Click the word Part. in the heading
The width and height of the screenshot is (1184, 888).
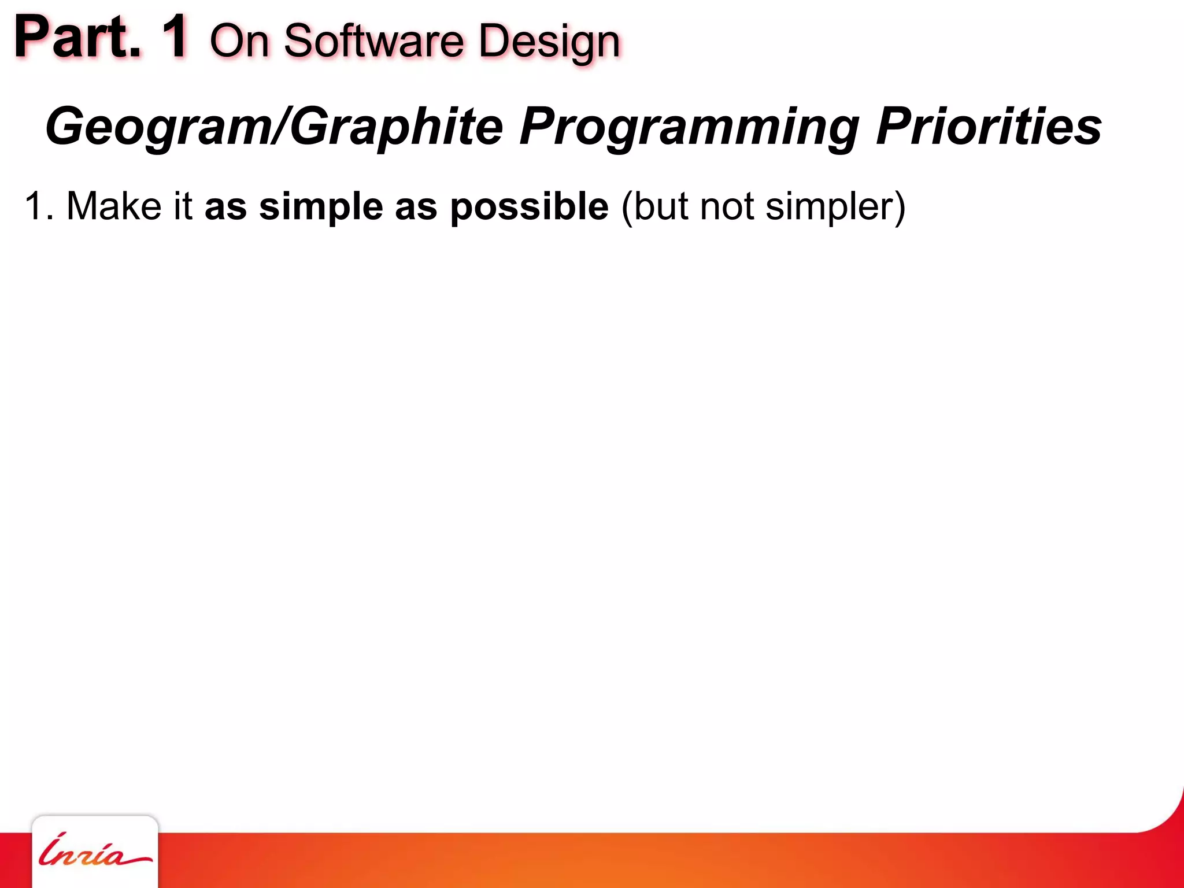78,38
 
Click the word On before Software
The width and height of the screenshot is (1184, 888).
239,42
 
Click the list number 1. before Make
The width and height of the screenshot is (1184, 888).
39,206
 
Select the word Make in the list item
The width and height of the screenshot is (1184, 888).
114,206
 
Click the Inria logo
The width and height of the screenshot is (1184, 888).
95,852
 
